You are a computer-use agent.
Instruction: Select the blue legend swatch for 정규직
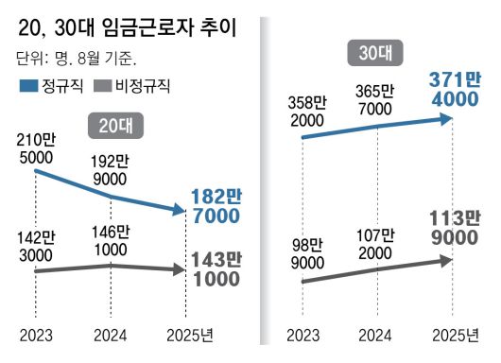click(x=28, y=87)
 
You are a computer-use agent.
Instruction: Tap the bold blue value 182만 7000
click(x=216, y=206)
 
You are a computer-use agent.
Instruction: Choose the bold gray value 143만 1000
click(x=216, y=268)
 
